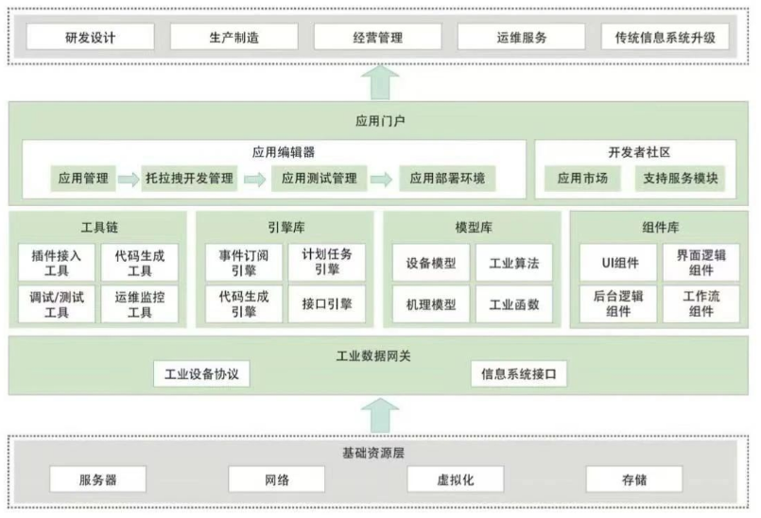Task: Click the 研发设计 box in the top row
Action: [x=90, y=38]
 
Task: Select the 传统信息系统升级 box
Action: [x=665, y=38]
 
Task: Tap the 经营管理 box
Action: [x=377, y=38]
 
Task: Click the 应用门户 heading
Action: [x=380, y=120]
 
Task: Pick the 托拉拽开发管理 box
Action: [x=189, y=178]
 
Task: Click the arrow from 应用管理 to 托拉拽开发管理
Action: [x=129, y=180]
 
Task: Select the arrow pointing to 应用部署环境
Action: [x=382, y=180]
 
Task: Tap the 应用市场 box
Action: [x=582, y=178]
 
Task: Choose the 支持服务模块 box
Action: [x=680, y=178]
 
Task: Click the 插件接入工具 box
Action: [x=57, y=263]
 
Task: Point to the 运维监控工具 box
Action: [x=140, y=304]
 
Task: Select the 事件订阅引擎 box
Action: [x=244, y=263]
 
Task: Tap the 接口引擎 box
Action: [x=327, y=304]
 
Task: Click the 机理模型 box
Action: [x=431, y=304]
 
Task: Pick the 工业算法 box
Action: [x=514, y=263]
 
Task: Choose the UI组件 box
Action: [x=618, y=263]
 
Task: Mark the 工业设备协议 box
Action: [x=201, y=373]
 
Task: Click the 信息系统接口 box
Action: [x=519, y=373]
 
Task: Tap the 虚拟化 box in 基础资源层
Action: [x=456, y=479]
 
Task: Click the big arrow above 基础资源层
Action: [x=380, y=416]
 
